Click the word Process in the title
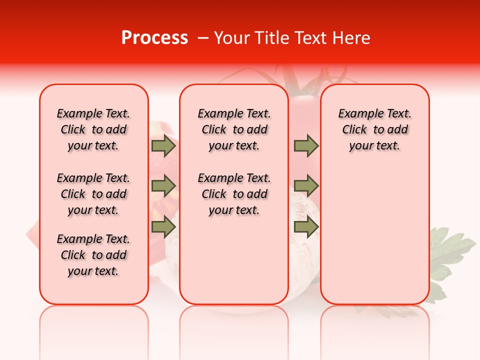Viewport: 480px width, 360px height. (154, 38)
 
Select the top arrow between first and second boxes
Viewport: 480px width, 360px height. (163, 146)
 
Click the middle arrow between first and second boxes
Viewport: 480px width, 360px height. (163, 186)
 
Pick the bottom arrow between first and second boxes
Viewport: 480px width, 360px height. (163, 227)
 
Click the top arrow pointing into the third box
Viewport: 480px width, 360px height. (306, 146)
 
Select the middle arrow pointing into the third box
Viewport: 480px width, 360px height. (306, 186)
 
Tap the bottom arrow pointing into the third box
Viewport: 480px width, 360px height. (306, 227)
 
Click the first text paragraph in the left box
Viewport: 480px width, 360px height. (93, 129)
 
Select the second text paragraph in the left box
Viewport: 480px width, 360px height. (93, 194)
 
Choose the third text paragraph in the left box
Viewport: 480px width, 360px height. (93, 255)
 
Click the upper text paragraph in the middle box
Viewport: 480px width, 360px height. (234, 129)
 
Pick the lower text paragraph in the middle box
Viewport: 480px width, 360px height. (234, 194)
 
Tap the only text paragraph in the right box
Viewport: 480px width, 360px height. (374, 129)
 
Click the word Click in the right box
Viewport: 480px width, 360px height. (354, 130)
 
